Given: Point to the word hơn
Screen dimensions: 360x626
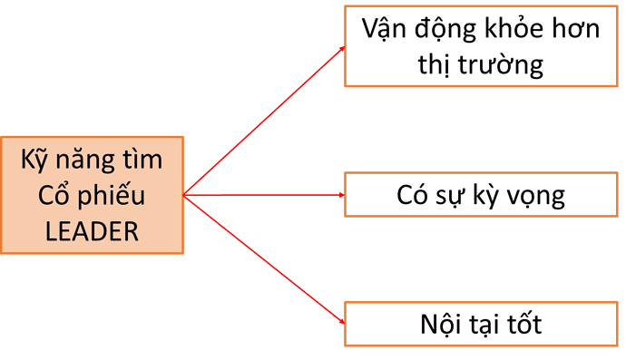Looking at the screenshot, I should click(x=578, y=30).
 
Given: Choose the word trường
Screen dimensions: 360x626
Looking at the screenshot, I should click(x=506, y=65).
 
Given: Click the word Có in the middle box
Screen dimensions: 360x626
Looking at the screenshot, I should click(x=414, y=196).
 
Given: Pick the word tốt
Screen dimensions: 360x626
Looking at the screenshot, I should click(x=522, y=325).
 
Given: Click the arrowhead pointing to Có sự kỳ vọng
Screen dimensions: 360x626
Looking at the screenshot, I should click(x=339, y=195).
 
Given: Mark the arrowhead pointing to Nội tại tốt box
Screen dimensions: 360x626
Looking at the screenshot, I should click(x=339, y=322).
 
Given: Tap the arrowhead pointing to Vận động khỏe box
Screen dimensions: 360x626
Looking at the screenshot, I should click(x=339, y=48).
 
